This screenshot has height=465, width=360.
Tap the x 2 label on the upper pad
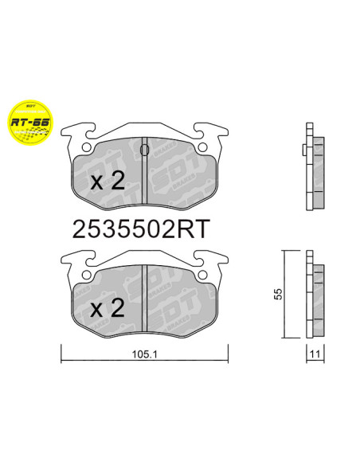[x=108, y=181]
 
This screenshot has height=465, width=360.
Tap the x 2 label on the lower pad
[x=108, y=307]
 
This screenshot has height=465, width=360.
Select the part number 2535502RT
[x=140, y=229]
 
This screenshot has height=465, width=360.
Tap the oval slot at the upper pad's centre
[x=144, y=148]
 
